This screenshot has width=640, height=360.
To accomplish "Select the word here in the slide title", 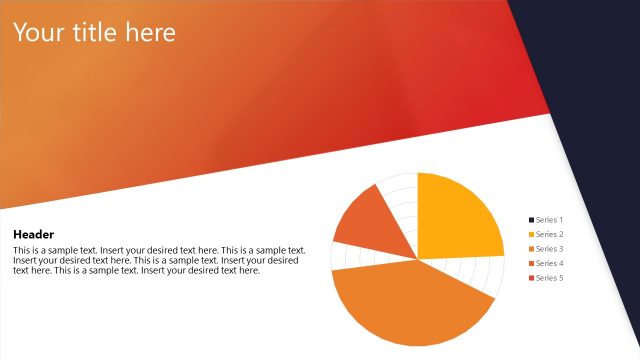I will (x=150, y=33).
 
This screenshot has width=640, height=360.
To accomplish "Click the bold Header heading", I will (x=33, y=233).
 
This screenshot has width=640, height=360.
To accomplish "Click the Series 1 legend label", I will (x=550, y=219).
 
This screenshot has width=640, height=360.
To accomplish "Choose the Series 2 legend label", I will (x=550, y=234).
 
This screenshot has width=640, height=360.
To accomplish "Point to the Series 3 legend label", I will (x=550, y=248).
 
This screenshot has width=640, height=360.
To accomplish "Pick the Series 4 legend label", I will (x=550, y=263).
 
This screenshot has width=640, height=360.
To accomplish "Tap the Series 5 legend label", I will (x=550, y=277).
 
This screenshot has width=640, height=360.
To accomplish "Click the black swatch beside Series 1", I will (x=531, y=219).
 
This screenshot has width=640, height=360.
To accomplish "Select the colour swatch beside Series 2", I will (x=531, y=234).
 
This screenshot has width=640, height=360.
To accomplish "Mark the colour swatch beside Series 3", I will (x=531, y=248).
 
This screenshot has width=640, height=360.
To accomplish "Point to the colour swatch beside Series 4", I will (x=531, y=263).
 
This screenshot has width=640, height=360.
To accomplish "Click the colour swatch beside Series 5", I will (x=531, y=277).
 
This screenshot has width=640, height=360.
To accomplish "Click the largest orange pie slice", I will (x=410, y=300).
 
